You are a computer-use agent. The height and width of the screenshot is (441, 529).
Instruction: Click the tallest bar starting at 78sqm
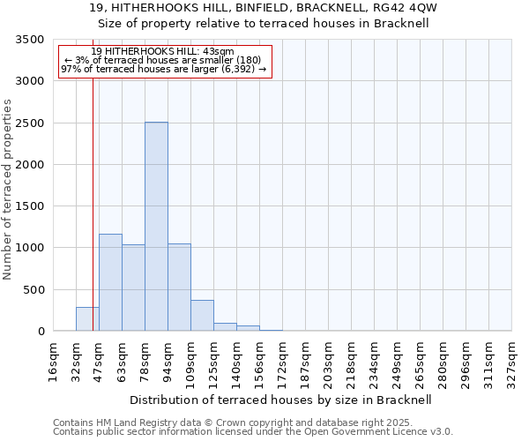point(156,227)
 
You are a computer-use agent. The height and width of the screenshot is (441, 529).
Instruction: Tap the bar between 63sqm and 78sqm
point(133,288)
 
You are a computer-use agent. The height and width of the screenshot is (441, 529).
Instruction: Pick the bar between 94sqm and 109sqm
point(179,288)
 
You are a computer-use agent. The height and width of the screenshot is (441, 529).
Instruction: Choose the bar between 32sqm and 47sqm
point(87,319)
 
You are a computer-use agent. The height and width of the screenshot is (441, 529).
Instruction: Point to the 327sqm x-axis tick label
point(512,363)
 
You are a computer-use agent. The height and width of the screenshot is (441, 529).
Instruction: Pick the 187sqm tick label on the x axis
point(306,363)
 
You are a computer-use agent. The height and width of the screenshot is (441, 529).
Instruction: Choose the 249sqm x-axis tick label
point(398,363)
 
